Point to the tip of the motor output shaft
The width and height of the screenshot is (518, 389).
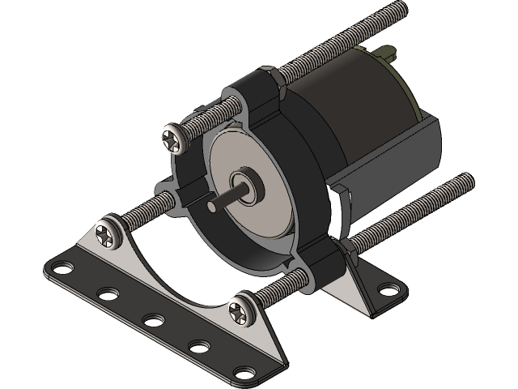(x=211, y=207)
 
